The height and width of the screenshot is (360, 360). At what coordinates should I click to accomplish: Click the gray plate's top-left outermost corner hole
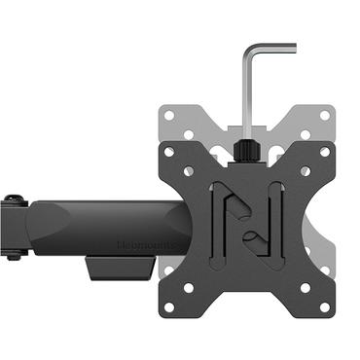(x=170, y=114)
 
